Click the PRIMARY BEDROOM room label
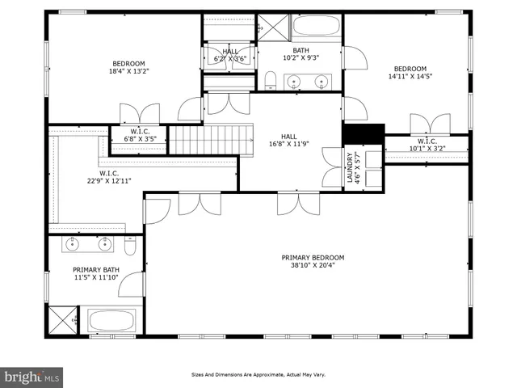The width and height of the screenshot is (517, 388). (306, 258)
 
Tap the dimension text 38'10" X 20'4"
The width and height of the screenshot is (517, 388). (306, 265)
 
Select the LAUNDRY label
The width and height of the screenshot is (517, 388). (351, 168)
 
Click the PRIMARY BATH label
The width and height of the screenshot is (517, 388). (96, 270)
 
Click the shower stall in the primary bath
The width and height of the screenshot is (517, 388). (62, 320)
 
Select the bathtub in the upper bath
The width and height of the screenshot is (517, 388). (316, 27)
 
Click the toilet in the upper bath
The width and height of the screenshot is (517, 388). (271, 80)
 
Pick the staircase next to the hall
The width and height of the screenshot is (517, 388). (211, 139)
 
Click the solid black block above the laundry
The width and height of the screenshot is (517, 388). (363, 133)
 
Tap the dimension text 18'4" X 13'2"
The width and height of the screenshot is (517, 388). (128, 71)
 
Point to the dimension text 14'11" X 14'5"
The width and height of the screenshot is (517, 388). (410, 77)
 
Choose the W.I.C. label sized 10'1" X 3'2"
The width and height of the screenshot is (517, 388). (427, 145)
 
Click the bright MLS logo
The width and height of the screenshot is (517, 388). (32, 377)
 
